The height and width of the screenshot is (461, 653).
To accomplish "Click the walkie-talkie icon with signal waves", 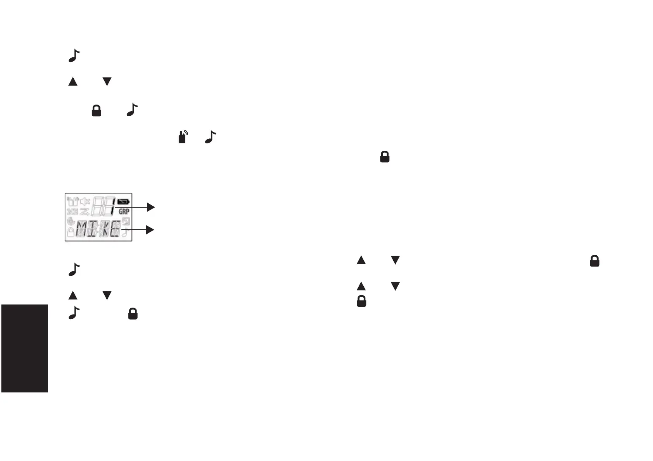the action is pyautogui.click(x=183, y=137).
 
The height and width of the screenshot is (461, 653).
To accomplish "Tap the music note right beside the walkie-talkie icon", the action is pyautogui.click(x=210, y=137).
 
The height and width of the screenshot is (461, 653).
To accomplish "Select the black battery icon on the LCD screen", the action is pyautogui.click(x=124, y=202).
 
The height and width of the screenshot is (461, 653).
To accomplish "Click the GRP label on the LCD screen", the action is pyautogui.click(x=124, y=212).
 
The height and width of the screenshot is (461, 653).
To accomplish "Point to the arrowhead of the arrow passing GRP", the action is pyautogui.click(x=151, y=208).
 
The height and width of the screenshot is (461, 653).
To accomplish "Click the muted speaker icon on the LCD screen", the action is pyautogui.click(x=85, y=201).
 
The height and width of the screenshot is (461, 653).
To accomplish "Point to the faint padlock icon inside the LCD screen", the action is pyautogui.click(x=71, y=232).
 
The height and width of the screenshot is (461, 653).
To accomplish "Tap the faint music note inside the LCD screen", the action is pyautogui.click(x=125, y=232).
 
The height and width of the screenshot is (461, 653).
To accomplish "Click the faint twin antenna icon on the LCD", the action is pyautogui.click(x=73, y=201).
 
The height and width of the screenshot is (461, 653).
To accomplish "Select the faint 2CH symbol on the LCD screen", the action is pyautogui.click(x=72, y=212).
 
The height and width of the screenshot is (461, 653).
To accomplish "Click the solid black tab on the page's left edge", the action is pyautogui.click(x=24, y=348).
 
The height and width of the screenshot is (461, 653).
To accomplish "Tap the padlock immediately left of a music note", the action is pyautogui.click(x=96, y=111).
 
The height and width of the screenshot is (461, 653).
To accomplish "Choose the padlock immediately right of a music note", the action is pyautogui.click(x=133, y=313).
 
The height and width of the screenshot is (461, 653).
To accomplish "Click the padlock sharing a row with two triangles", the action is pyautogui.click(x=594, y=261).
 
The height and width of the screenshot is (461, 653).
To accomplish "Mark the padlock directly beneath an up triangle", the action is pyautogui.click(x=361, y=301).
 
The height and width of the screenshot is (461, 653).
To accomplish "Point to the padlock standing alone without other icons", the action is pyautogui.click(x=384, y=157).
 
